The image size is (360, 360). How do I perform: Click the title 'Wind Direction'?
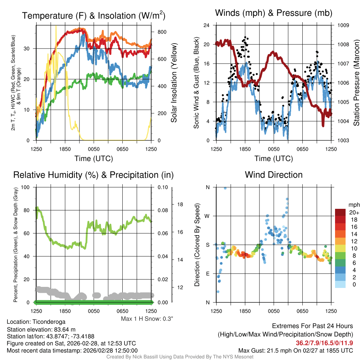(x=274, y=175)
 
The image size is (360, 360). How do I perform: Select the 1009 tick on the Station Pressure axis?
(x=343, y=25)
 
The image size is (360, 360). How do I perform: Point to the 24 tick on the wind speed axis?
(x=207, y=25)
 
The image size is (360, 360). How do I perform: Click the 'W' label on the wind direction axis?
(x=207, y=216)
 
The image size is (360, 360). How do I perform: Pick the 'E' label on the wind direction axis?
(x=208, y=274)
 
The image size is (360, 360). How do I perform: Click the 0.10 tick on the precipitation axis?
(x=162, y=187)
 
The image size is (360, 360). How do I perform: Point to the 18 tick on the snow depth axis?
(x=180, y=204)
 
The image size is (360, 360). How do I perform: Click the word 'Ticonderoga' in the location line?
(x=49, y=322)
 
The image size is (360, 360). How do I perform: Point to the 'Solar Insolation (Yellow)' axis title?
(x=174, y=83)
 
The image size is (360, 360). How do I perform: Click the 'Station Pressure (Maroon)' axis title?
(x=356, y=83)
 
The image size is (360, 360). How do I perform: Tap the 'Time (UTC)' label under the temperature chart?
(x=94, y=159)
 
